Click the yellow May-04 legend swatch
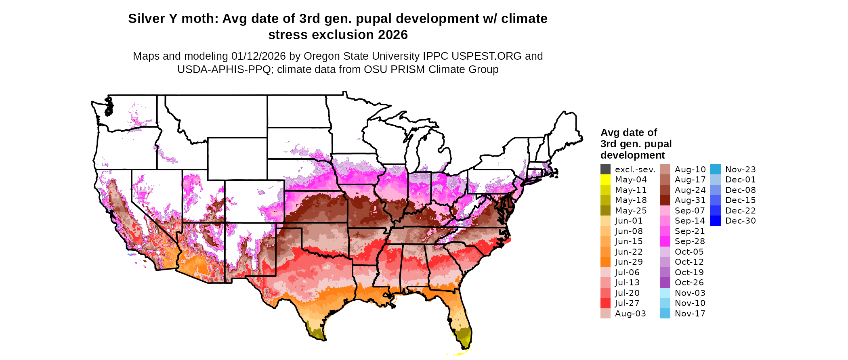[x=605, y=180]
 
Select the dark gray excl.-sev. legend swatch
[x=605, y=170]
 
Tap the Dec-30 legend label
[x=740, y=221]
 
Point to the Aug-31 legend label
[x=690, y=200]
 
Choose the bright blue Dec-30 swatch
[x=715, y=221]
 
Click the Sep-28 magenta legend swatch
[x=665, y=241]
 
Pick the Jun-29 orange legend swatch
[x=605, y=262]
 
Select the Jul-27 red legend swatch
[x=605, y=303]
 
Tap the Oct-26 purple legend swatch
[x=665, y=283]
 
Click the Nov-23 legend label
[x=740, y=170]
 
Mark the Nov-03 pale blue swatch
[x=665, y=293]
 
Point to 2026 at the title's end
[x=393, y=35]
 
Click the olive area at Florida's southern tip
[x=464, y=336]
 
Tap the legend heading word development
[x=632, y=155]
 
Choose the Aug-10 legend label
[x=690, y=170]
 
